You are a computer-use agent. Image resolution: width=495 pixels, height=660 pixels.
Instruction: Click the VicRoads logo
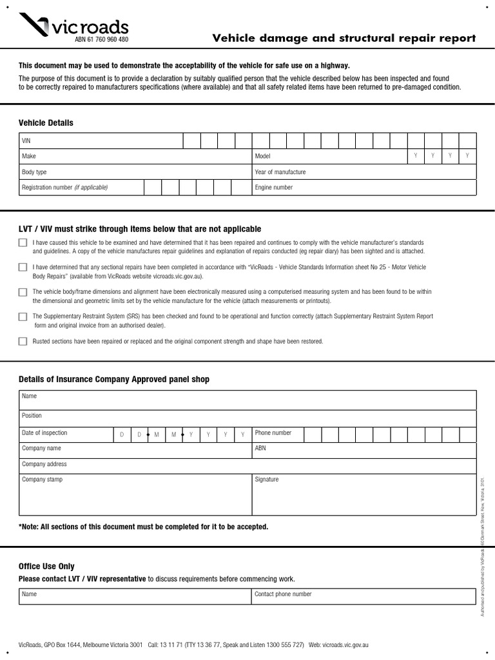(73, 26)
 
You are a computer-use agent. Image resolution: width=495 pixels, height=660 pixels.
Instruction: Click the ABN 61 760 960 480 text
(102, 40)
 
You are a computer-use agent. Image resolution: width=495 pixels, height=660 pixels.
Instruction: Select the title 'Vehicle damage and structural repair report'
(344, 38)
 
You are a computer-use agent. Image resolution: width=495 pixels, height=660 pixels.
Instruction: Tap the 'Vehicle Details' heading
(46, 122)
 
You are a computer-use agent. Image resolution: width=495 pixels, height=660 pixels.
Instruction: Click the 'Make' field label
(29, 156)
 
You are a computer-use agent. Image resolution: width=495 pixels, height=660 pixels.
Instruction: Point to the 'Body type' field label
(34, 172)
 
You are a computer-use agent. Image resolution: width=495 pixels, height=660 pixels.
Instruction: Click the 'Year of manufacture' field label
(280, 172)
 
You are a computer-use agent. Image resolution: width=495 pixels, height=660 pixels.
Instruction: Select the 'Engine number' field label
(274, 188)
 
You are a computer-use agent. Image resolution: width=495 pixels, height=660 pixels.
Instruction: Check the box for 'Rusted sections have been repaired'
(23, 342)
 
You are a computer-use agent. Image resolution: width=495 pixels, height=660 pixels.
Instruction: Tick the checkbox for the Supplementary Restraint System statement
(23, 316)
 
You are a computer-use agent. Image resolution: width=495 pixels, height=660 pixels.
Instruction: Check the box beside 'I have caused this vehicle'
(23, 243)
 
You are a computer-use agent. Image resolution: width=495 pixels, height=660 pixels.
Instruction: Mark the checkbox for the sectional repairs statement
(23, 267)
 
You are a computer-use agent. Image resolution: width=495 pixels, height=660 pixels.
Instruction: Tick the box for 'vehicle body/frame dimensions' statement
(23, 292)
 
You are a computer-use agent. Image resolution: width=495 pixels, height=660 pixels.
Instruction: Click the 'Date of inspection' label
(44, 433)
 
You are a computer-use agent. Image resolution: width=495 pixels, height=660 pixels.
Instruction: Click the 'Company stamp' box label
(42, 480)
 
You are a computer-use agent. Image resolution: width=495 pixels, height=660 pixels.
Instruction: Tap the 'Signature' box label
(267, 480)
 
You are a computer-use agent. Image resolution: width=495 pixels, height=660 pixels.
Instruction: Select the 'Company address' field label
(44, 464)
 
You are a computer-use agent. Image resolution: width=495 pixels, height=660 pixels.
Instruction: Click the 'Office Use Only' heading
(46, 566)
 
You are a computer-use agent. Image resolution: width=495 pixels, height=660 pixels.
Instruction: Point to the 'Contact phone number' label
(283, 594)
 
